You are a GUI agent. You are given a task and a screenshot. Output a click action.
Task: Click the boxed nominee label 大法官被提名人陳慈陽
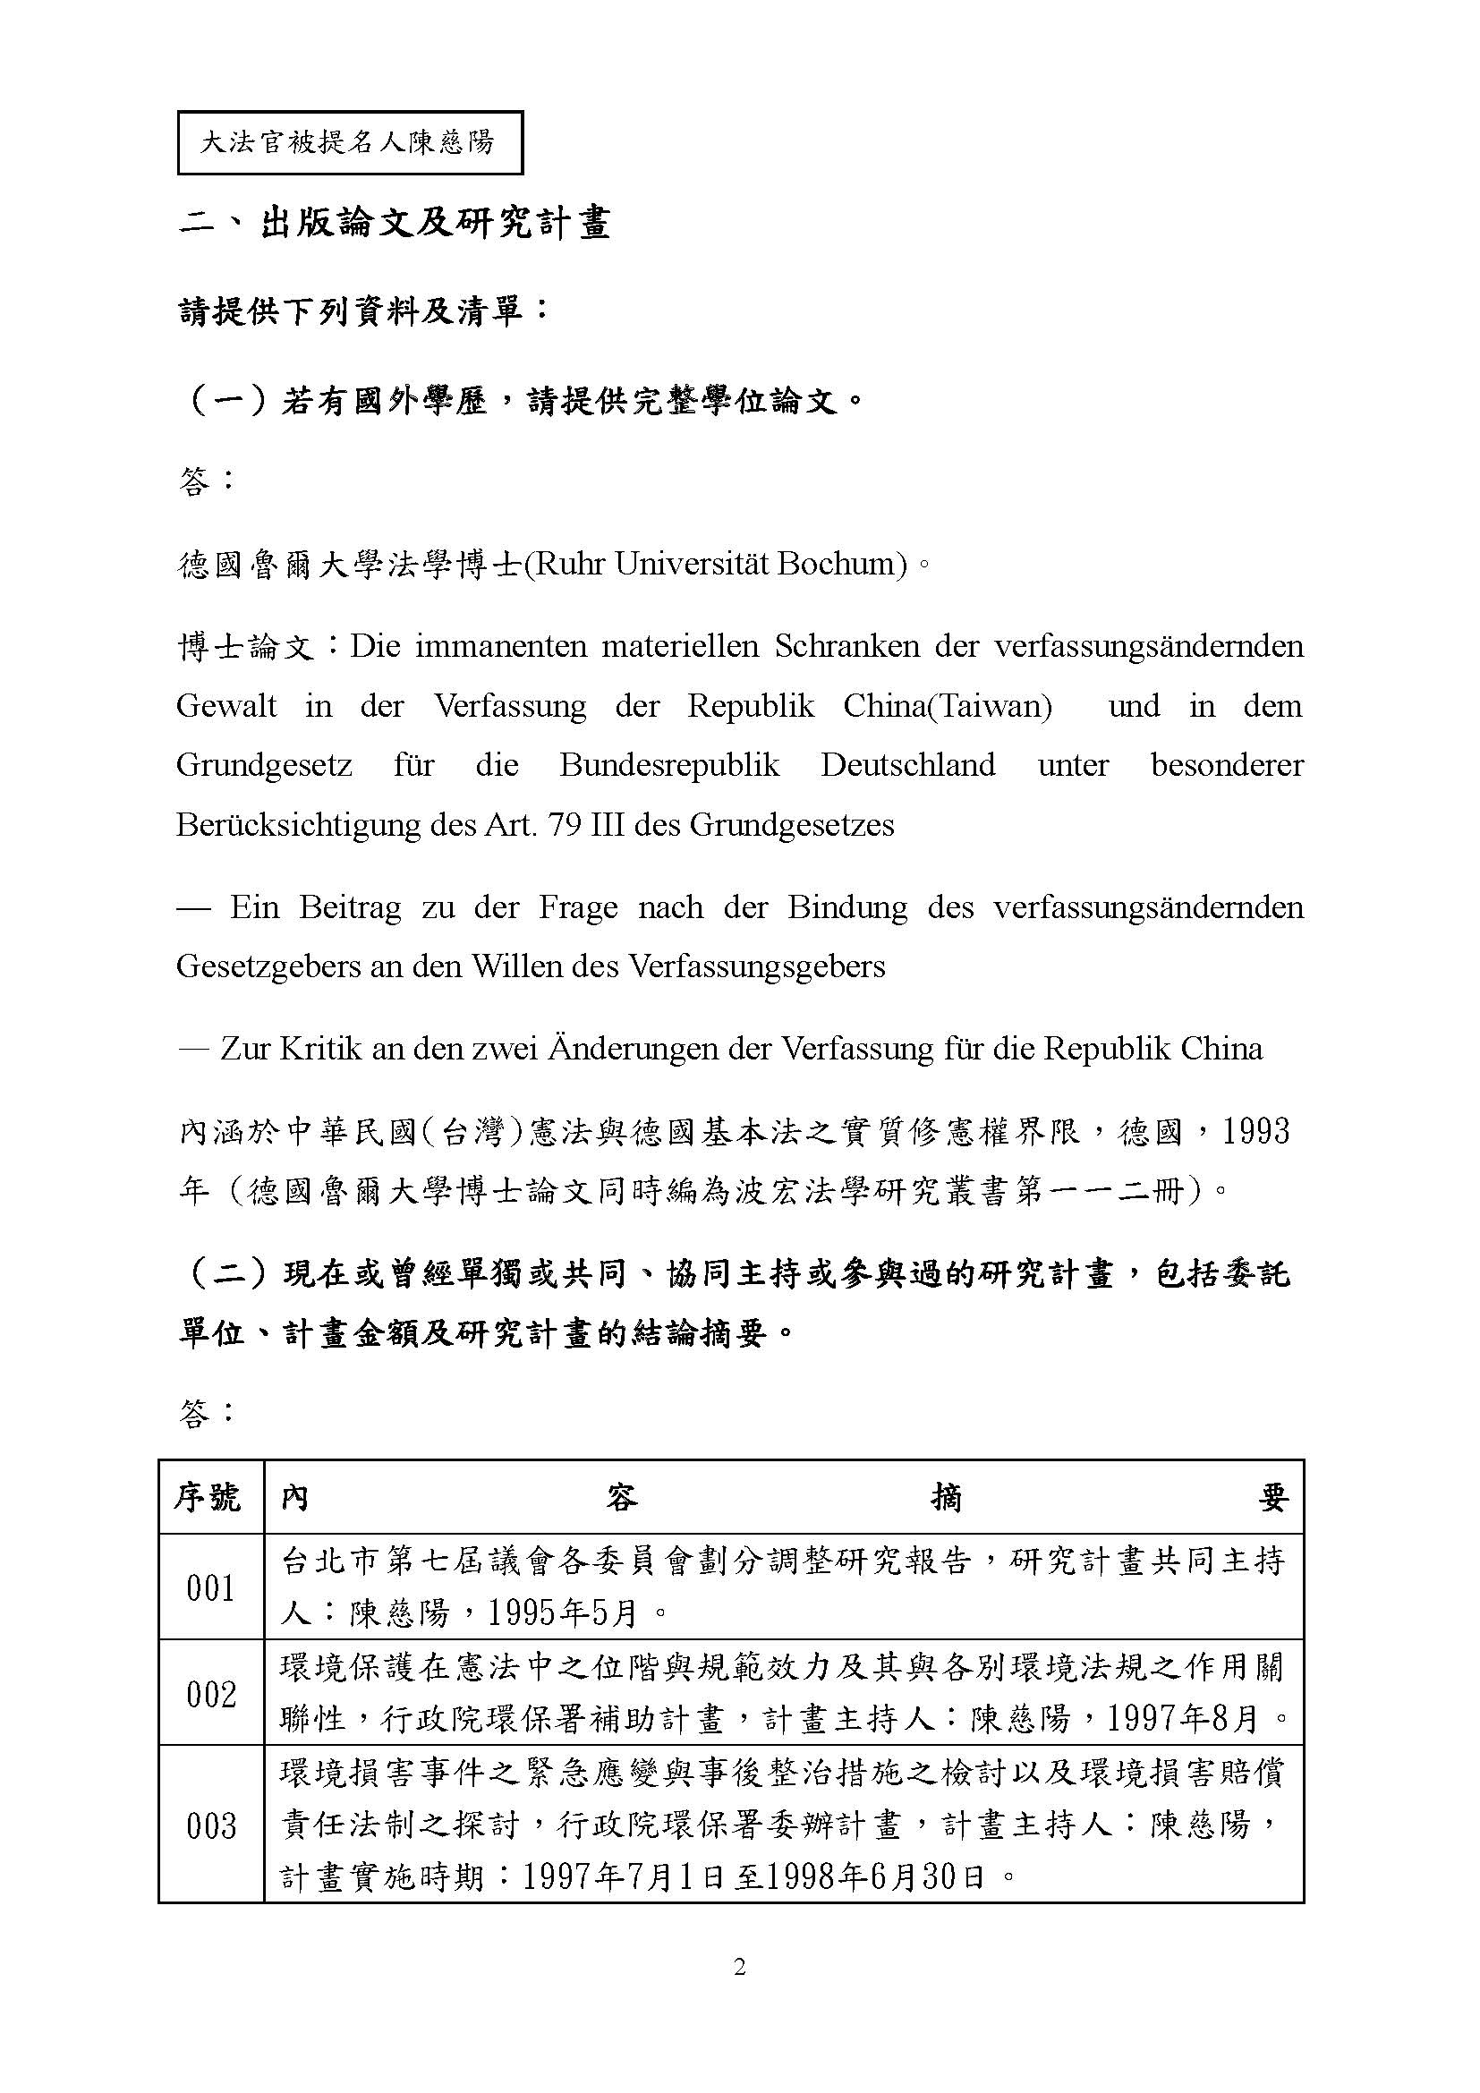[x=349, y=142]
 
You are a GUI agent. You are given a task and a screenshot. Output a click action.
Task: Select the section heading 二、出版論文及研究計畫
[x=394, y=224]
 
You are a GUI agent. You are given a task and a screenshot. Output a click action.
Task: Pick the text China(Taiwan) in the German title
[x=947, y=705]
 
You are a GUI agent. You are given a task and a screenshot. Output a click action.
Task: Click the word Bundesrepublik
[x=669, y=765]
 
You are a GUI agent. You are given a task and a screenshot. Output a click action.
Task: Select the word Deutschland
[x=907, y=765]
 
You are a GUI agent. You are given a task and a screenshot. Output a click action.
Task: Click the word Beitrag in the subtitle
[x=350, y=907]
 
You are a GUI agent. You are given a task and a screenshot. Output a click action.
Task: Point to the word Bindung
[x=847, y=907]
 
